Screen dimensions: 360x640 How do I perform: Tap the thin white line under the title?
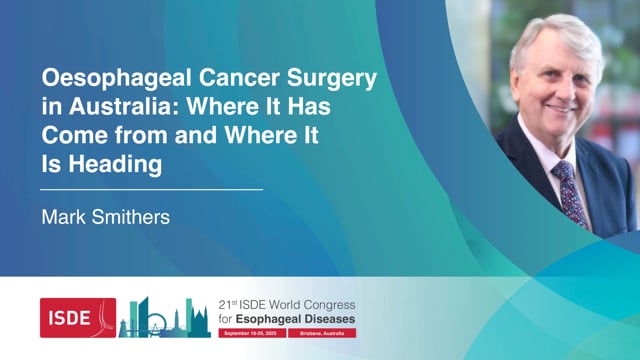tap(151, 189)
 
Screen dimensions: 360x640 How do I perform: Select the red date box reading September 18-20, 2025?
tap(250, 331)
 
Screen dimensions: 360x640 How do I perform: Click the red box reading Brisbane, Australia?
tap(320, 331)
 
